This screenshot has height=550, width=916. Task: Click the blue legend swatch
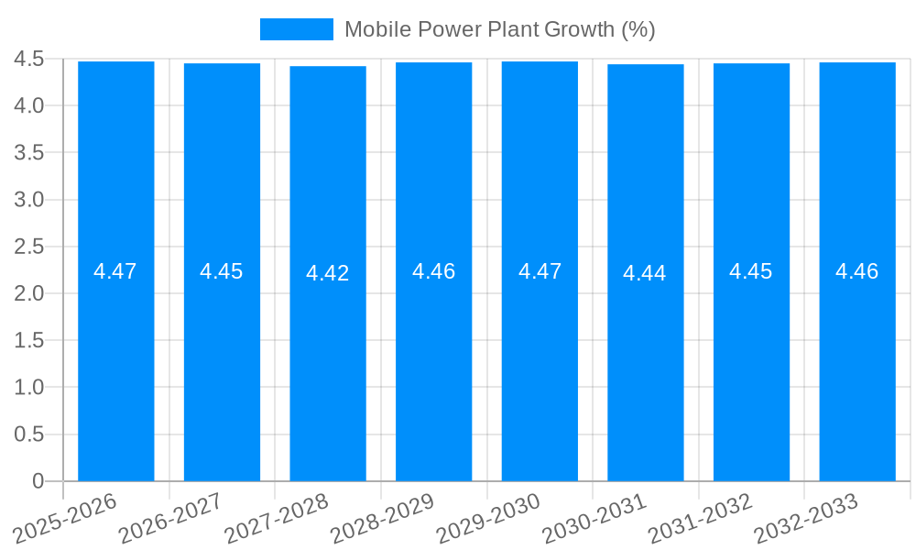tap(296, 29)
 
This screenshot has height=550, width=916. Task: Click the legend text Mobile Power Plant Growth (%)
tap(499, 29)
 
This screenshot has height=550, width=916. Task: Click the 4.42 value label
tap(328, 273)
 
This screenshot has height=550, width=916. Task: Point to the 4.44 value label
tap(645, 273)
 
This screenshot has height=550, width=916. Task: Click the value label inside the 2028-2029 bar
tap(433, 271)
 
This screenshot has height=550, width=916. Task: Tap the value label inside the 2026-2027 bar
tap(222, 271)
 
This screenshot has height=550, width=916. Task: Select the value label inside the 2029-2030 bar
tap(540, 271)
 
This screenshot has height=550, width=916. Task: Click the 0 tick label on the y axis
tap(38, 481)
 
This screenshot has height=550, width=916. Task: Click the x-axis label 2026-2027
tap(170, 518)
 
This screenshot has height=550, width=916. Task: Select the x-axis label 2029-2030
tap(487, 518)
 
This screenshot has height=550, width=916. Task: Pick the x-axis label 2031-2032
tap(700, 518)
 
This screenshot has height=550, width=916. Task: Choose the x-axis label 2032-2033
tap(805, 518)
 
